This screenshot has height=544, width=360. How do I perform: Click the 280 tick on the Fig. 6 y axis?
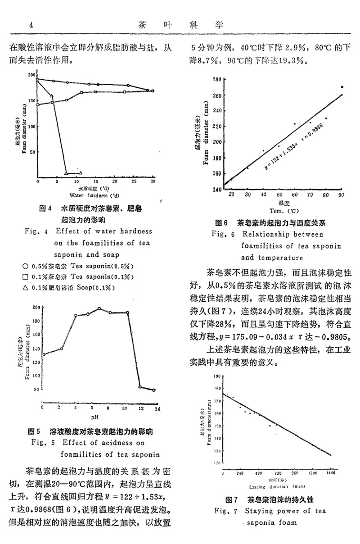click(x=216, y=79)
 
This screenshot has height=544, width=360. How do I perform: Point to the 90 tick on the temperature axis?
click(x=341, y=194)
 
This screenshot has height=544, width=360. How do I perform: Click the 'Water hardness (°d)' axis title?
click(x=94, y=195)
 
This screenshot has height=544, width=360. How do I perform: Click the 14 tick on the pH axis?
click(x=157, y=408)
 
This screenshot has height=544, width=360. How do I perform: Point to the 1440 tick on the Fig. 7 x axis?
click(x=331, y=474)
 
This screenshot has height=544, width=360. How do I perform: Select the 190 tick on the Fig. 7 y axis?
click(x=217, y=376)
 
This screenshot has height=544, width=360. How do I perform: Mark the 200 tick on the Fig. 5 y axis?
click(x=36, y=308)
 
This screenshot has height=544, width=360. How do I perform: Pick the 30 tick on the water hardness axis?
click(x=153, y=181)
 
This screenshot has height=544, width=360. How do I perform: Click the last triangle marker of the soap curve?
click(x=81, y=172)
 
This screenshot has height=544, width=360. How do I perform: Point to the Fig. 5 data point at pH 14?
click(x=154, y=390)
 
